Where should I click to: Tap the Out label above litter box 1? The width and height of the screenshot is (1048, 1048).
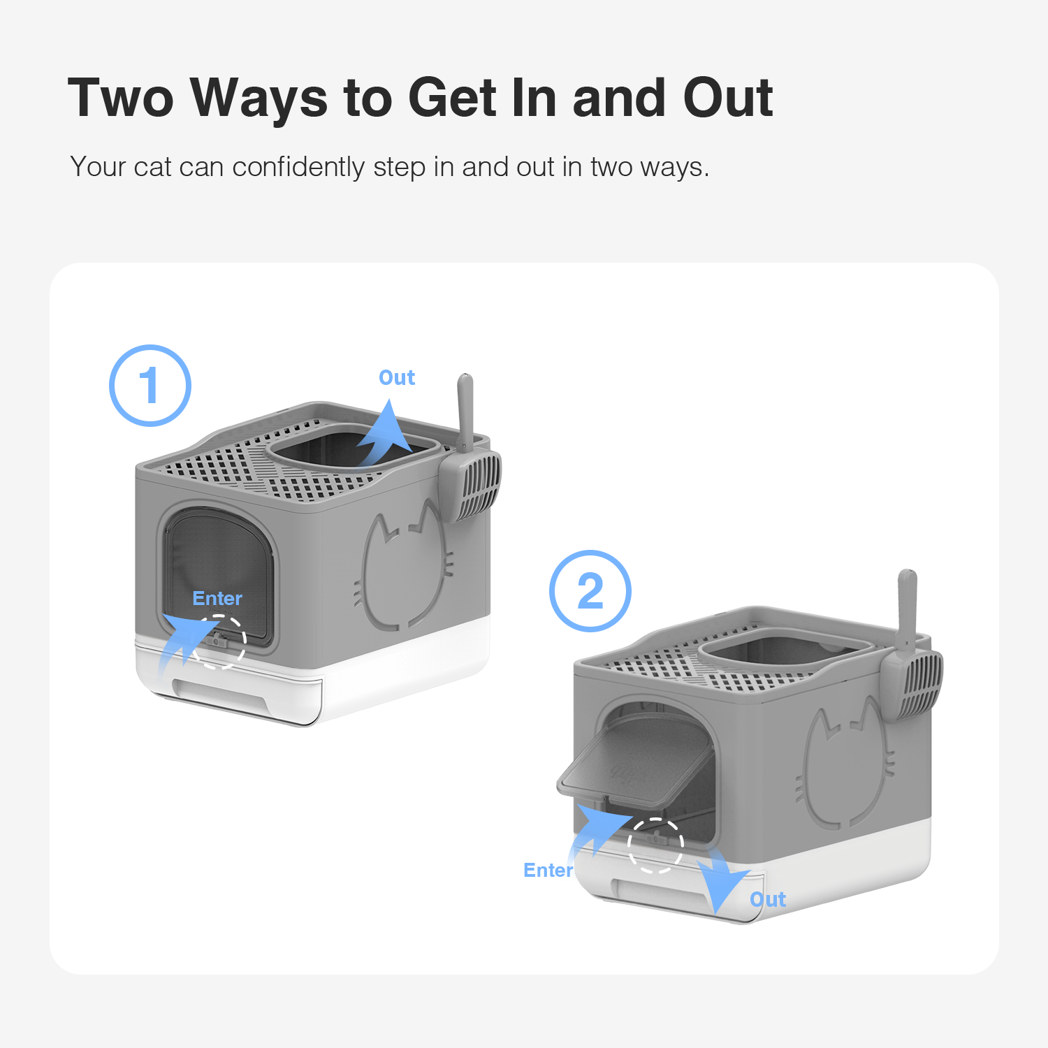397,377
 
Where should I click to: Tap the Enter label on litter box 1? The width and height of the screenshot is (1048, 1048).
217,598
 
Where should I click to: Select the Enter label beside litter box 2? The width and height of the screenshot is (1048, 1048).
548,870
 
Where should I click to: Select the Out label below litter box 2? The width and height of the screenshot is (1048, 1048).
768,899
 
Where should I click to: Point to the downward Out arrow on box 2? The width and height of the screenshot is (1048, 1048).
721,882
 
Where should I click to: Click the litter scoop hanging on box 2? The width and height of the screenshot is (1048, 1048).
910,657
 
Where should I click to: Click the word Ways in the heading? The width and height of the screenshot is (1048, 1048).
259,98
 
